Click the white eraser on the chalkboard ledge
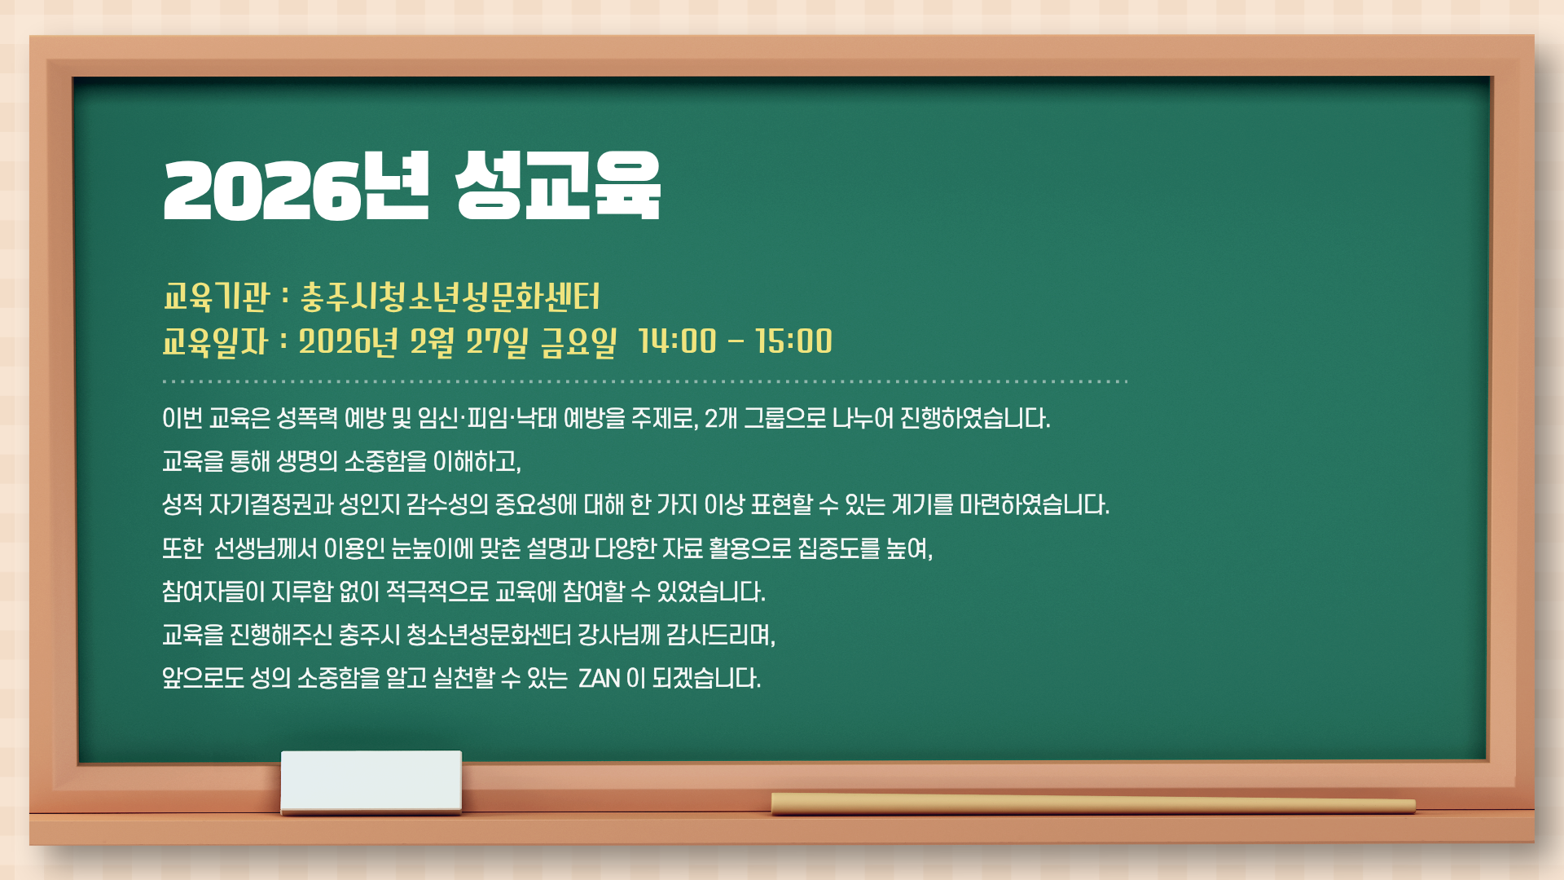click(371, 781)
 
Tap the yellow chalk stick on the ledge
click(1093, 804)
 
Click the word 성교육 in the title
click(558, 187)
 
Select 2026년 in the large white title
click(296, 187)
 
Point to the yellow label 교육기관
click(216, 297)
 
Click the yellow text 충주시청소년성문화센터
click(450, 297)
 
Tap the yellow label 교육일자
click(215, 342)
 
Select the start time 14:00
click(678, 342)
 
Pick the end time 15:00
click(794, 342)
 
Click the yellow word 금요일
click(579, 342)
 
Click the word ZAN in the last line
click(599, 678)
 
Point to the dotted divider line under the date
click(645, 381)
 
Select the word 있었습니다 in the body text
click(711, 592)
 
